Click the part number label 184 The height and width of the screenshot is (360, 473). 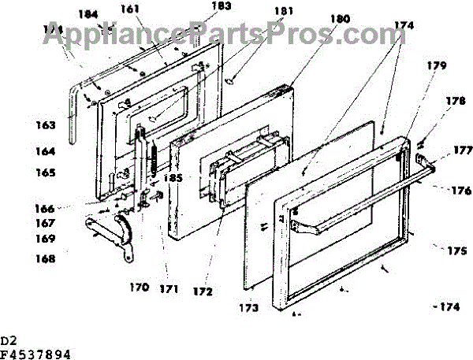point(89,13)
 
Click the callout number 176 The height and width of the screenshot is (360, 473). point(460,190)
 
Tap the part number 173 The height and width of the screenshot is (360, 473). point(249,307)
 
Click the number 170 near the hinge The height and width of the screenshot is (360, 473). point(140,287)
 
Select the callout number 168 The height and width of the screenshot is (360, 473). point(45,258)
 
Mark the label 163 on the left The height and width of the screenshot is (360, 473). point(47,124)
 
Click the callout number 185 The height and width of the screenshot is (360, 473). point(173,178)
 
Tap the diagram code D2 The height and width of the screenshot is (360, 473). point(9,340)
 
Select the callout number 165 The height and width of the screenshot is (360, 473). point(46,172)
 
